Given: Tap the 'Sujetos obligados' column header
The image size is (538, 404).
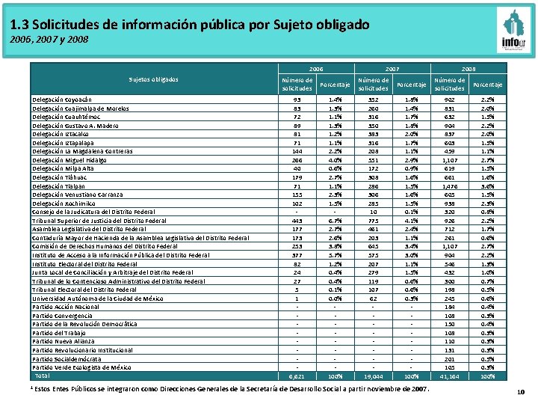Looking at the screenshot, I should (153, 79).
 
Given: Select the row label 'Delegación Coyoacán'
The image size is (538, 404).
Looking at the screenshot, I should (63, 99).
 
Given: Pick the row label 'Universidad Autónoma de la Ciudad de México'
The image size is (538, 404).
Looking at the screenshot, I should (97, 298).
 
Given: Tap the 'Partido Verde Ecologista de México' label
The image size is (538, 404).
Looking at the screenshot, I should (82, 367).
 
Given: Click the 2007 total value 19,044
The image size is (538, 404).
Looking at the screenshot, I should (373, 376).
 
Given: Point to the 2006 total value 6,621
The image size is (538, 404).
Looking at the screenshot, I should (297, 376).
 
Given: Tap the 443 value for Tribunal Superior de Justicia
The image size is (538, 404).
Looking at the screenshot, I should (297, 220).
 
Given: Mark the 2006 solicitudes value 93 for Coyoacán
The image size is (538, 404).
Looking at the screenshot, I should (297, 99).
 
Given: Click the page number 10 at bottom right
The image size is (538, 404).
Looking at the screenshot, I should (520, 393).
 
